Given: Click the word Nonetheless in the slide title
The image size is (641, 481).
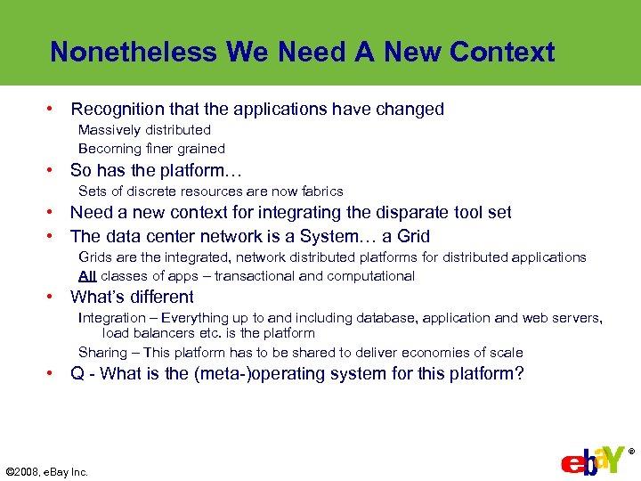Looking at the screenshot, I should [134, 52].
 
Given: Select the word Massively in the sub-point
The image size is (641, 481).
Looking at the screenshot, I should [108, 130].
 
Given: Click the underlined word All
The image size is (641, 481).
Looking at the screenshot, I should [87, 276].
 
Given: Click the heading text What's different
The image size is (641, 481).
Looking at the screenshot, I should [132, 298].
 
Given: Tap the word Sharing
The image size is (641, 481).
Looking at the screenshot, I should [103, 353].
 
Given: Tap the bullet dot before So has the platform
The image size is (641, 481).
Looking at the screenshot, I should [53, 170].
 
